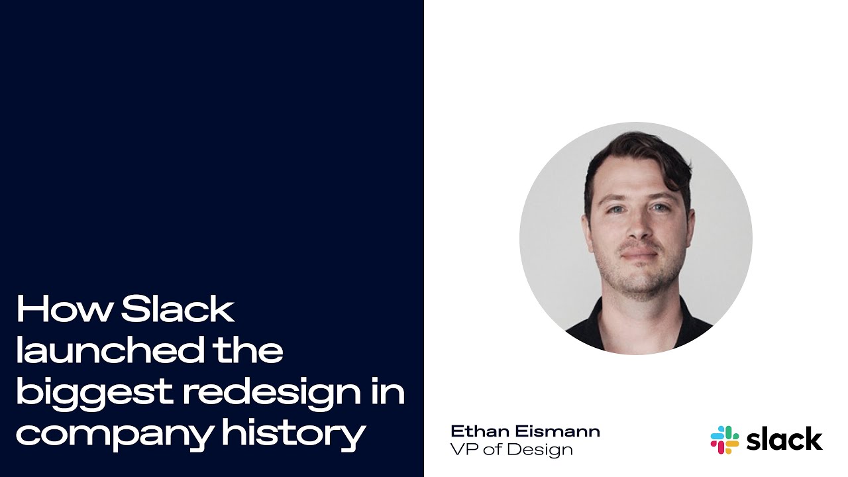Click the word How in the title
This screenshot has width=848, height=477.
click(64, 309)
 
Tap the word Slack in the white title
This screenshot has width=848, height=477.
click(178, 309)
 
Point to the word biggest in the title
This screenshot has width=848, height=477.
click(94, 394)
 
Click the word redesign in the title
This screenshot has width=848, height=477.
click(272, 394)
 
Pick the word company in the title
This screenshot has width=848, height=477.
click(115, 435)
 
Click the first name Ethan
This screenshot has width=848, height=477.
click(480, 431)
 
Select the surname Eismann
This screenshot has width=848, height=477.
click(558, 431)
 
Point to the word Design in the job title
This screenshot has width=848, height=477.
click(539, 450)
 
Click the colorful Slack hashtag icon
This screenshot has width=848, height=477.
click(725, 440)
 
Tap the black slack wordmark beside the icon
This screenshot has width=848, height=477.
click(784, 439)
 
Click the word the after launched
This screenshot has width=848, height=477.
click(248, 349)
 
